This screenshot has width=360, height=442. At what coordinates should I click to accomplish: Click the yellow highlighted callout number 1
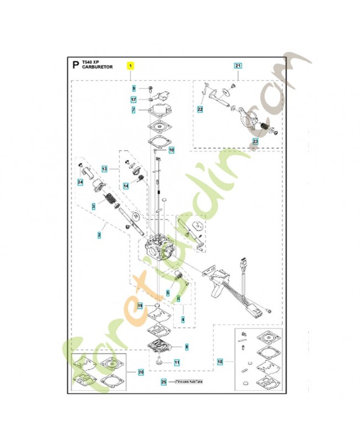tap(130, 65)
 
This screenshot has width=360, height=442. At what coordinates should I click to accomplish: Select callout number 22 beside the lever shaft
tap(200, 110)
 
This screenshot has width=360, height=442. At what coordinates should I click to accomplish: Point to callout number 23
tap(255, 141)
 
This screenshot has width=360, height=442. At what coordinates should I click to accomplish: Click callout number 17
tap(134, 99)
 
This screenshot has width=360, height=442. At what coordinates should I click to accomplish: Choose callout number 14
tap(126, 186)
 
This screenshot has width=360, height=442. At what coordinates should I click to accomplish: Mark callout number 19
tap(140, 306)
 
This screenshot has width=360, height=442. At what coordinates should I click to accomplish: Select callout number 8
tap(186, 346)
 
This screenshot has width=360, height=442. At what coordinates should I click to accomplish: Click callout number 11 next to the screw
tap(177, 363)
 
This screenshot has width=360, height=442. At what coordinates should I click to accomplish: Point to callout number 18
tap(220, 362)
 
